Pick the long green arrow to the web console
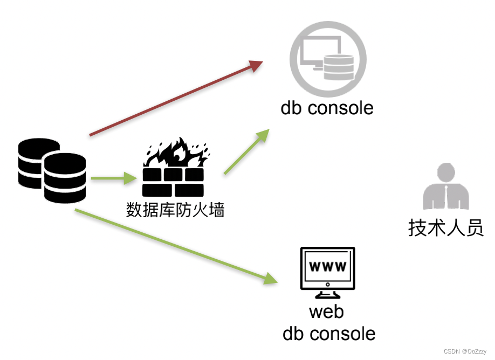tap(175, 246)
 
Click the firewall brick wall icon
tap(173, 182)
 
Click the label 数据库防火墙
tap(175, 210)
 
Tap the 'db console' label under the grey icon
tap(327, 108)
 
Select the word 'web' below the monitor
tap(327, 311)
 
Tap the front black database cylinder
tap(65, 177)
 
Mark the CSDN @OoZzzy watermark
tap(465, 351)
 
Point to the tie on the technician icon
tap(446, 196)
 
